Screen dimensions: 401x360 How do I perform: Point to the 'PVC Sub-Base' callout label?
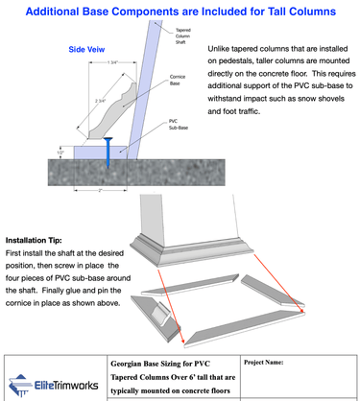click(x=172, y=128)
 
